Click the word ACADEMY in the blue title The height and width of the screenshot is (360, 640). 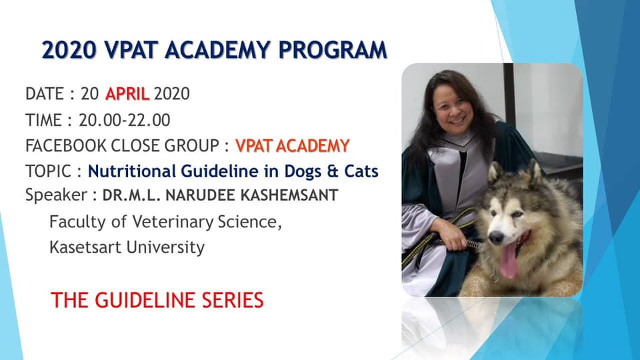217,50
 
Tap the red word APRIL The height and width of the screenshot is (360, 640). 127,94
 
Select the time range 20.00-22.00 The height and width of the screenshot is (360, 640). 125,120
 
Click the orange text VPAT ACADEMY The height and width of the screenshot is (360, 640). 292,146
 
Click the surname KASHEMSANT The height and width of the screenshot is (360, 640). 289,195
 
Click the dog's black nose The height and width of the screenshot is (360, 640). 496,237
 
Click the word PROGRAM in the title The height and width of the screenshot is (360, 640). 333,50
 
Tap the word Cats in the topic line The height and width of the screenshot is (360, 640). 361,171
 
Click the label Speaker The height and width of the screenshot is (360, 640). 56,195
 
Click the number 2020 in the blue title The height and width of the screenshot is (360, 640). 69,50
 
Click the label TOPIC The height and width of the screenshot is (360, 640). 48,171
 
